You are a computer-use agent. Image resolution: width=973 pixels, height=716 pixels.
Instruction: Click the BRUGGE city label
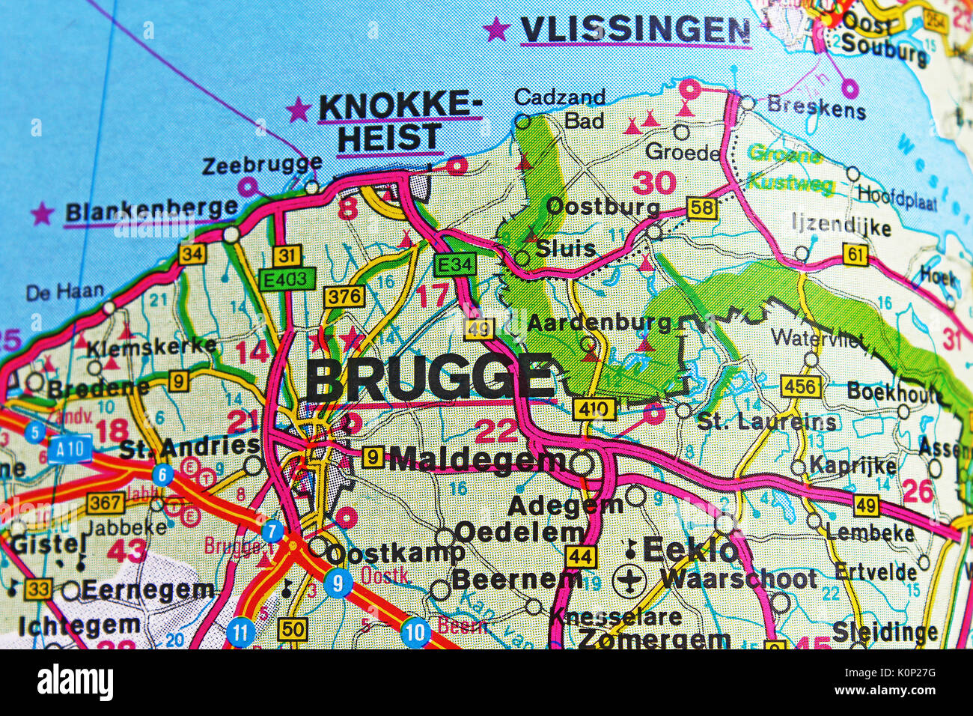(430, 378)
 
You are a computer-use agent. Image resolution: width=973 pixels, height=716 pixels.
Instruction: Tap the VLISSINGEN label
(635, 30)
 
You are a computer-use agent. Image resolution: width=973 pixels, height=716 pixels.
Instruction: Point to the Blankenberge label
(151, 210)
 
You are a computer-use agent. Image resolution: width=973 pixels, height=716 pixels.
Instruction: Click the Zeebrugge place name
(262, 164)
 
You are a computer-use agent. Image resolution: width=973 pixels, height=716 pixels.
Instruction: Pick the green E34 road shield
(454, 264)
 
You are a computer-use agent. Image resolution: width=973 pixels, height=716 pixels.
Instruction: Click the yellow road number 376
(344, 297)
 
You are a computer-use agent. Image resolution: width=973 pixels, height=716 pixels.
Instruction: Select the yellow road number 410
(594, 409)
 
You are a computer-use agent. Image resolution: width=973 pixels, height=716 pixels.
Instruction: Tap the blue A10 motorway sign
(70, 449)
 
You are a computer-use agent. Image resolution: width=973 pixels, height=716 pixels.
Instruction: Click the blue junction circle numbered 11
(240, 632)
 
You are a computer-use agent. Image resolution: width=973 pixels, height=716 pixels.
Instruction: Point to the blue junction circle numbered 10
(415, 633)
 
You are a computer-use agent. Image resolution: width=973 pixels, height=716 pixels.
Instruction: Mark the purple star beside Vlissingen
(495, 30)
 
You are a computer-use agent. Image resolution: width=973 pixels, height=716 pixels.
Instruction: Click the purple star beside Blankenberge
(43, 213)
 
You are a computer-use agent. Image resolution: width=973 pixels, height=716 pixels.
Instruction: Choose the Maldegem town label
(478, 459)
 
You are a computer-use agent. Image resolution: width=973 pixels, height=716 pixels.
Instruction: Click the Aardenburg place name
(599, 323)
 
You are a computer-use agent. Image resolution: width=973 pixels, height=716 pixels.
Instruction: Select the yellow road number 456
(800, 386)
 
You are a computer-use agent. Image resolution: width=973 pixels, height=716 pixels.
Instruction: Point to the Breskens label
(816, 107)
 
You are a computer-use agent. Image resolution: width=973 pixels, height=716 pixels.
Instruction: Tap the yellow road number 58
(701, 207)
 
